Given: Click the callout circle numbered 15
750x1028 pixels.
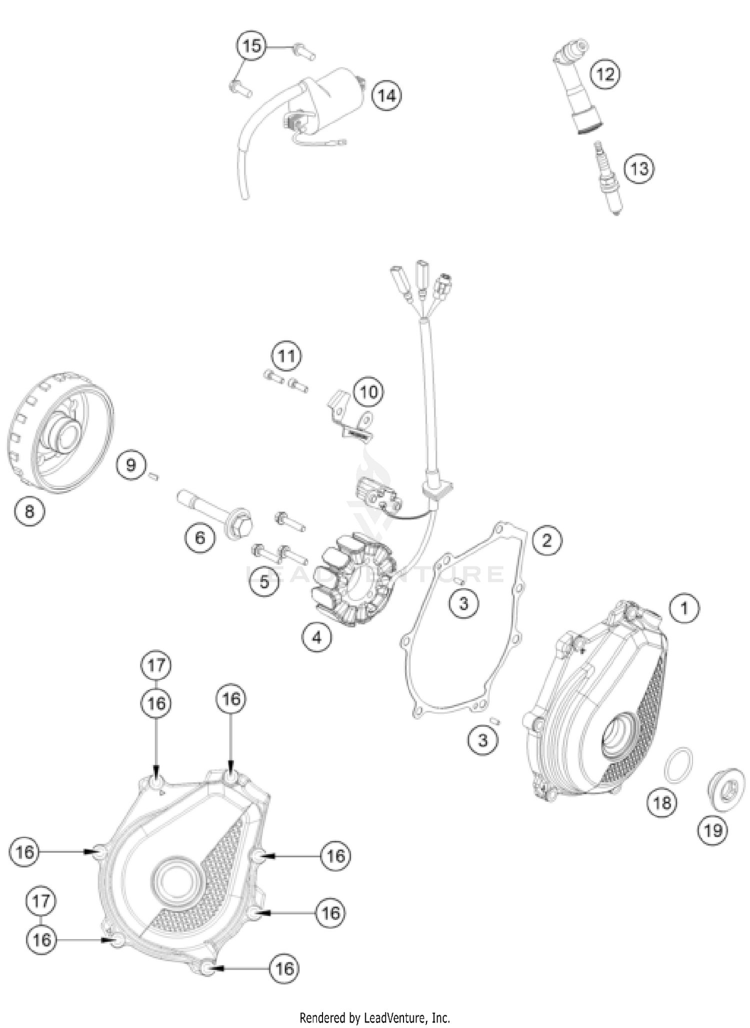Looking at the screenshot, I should pos(251,47).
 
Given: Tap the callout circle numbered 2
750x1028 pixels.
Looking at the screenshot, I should pos(546,540).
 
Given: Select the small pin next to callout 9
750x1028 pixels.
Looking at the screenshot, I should pos(154,477).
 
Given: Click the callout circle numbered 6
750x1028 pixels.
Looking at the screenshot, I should pos(199,538).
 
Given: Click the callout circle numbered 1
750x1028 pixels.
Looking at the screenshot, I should pos(684,608).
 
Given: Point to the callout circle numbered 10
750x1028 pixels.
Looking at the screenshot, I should pos(368,392).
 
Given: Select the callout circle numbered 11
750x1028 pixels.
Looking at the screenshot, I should pos(286,356).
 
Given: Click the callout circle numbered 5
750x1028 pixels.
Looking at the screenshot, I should pos(264,581).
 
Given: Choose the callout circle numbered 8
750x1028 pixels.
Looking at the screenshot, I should pos(29,511).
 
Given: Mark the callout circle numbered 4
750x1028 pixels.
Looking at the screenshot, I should pos(316,637).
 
